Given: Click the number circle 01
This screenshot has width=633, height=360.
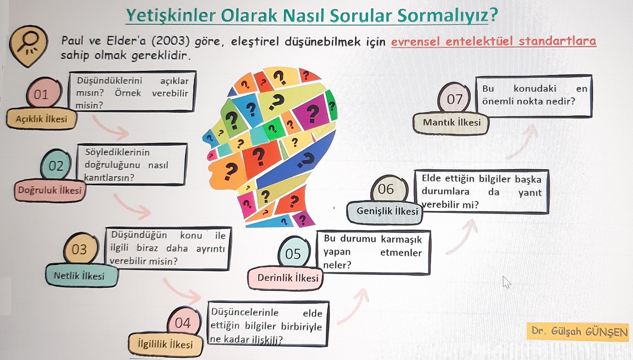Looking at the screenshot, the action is click(x=44, y=93).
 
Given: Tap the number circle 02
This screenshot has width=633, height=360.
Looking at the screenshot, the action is click(x=56, y=165).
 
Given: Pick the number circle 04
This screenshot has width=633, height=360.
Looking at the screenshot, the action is click(x=184, y=322).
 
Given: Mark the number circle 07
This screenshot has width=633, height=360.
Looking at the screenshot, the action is click(x=454, y=98).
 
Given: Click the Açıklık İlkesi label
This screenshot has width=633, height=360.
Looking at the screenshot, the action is click(x=41, y=119).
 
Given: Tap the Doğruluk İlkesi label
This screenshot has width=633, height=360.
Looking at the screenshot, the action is click(x=50, y=190).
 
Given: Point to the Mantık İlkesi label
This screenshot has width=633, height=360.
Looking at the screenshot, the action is click(x=451, y=123).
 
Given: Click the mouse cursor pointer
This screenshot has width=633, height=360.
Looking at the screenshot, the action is click(x=506, y=282).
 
